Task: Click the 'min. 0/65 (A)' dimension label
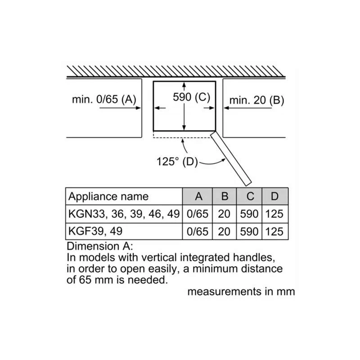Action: (104, 99)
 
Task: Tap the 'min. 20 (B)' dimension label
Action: (256, 100)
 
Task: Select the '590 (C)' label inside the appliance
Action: (192, 97)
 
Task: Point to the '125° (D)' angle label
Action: (177, 162)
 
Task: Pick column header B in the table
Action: (225, 197)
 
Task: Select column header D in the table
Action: (274, 197)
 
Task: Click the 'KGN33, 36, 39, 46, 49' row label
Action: (124, 214)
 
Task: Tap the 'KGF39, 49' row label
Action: (95, 231)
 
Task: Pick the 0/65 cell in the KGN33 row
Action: (198, 214)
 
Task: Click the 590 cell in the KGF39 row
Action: (249, 231)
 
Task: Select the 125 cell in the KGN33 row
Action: (274, 214)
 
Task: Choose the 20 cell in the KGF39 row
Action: (224, 231)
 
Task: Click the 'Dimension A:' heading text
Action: (100, 246)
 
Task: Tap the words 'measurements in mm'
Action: (241, 292)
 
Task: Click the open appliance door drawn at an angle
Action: (231, 158)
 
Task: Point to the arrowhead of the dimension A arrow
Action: (139, 108)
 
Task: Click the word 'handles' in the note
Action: (254, 257)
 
